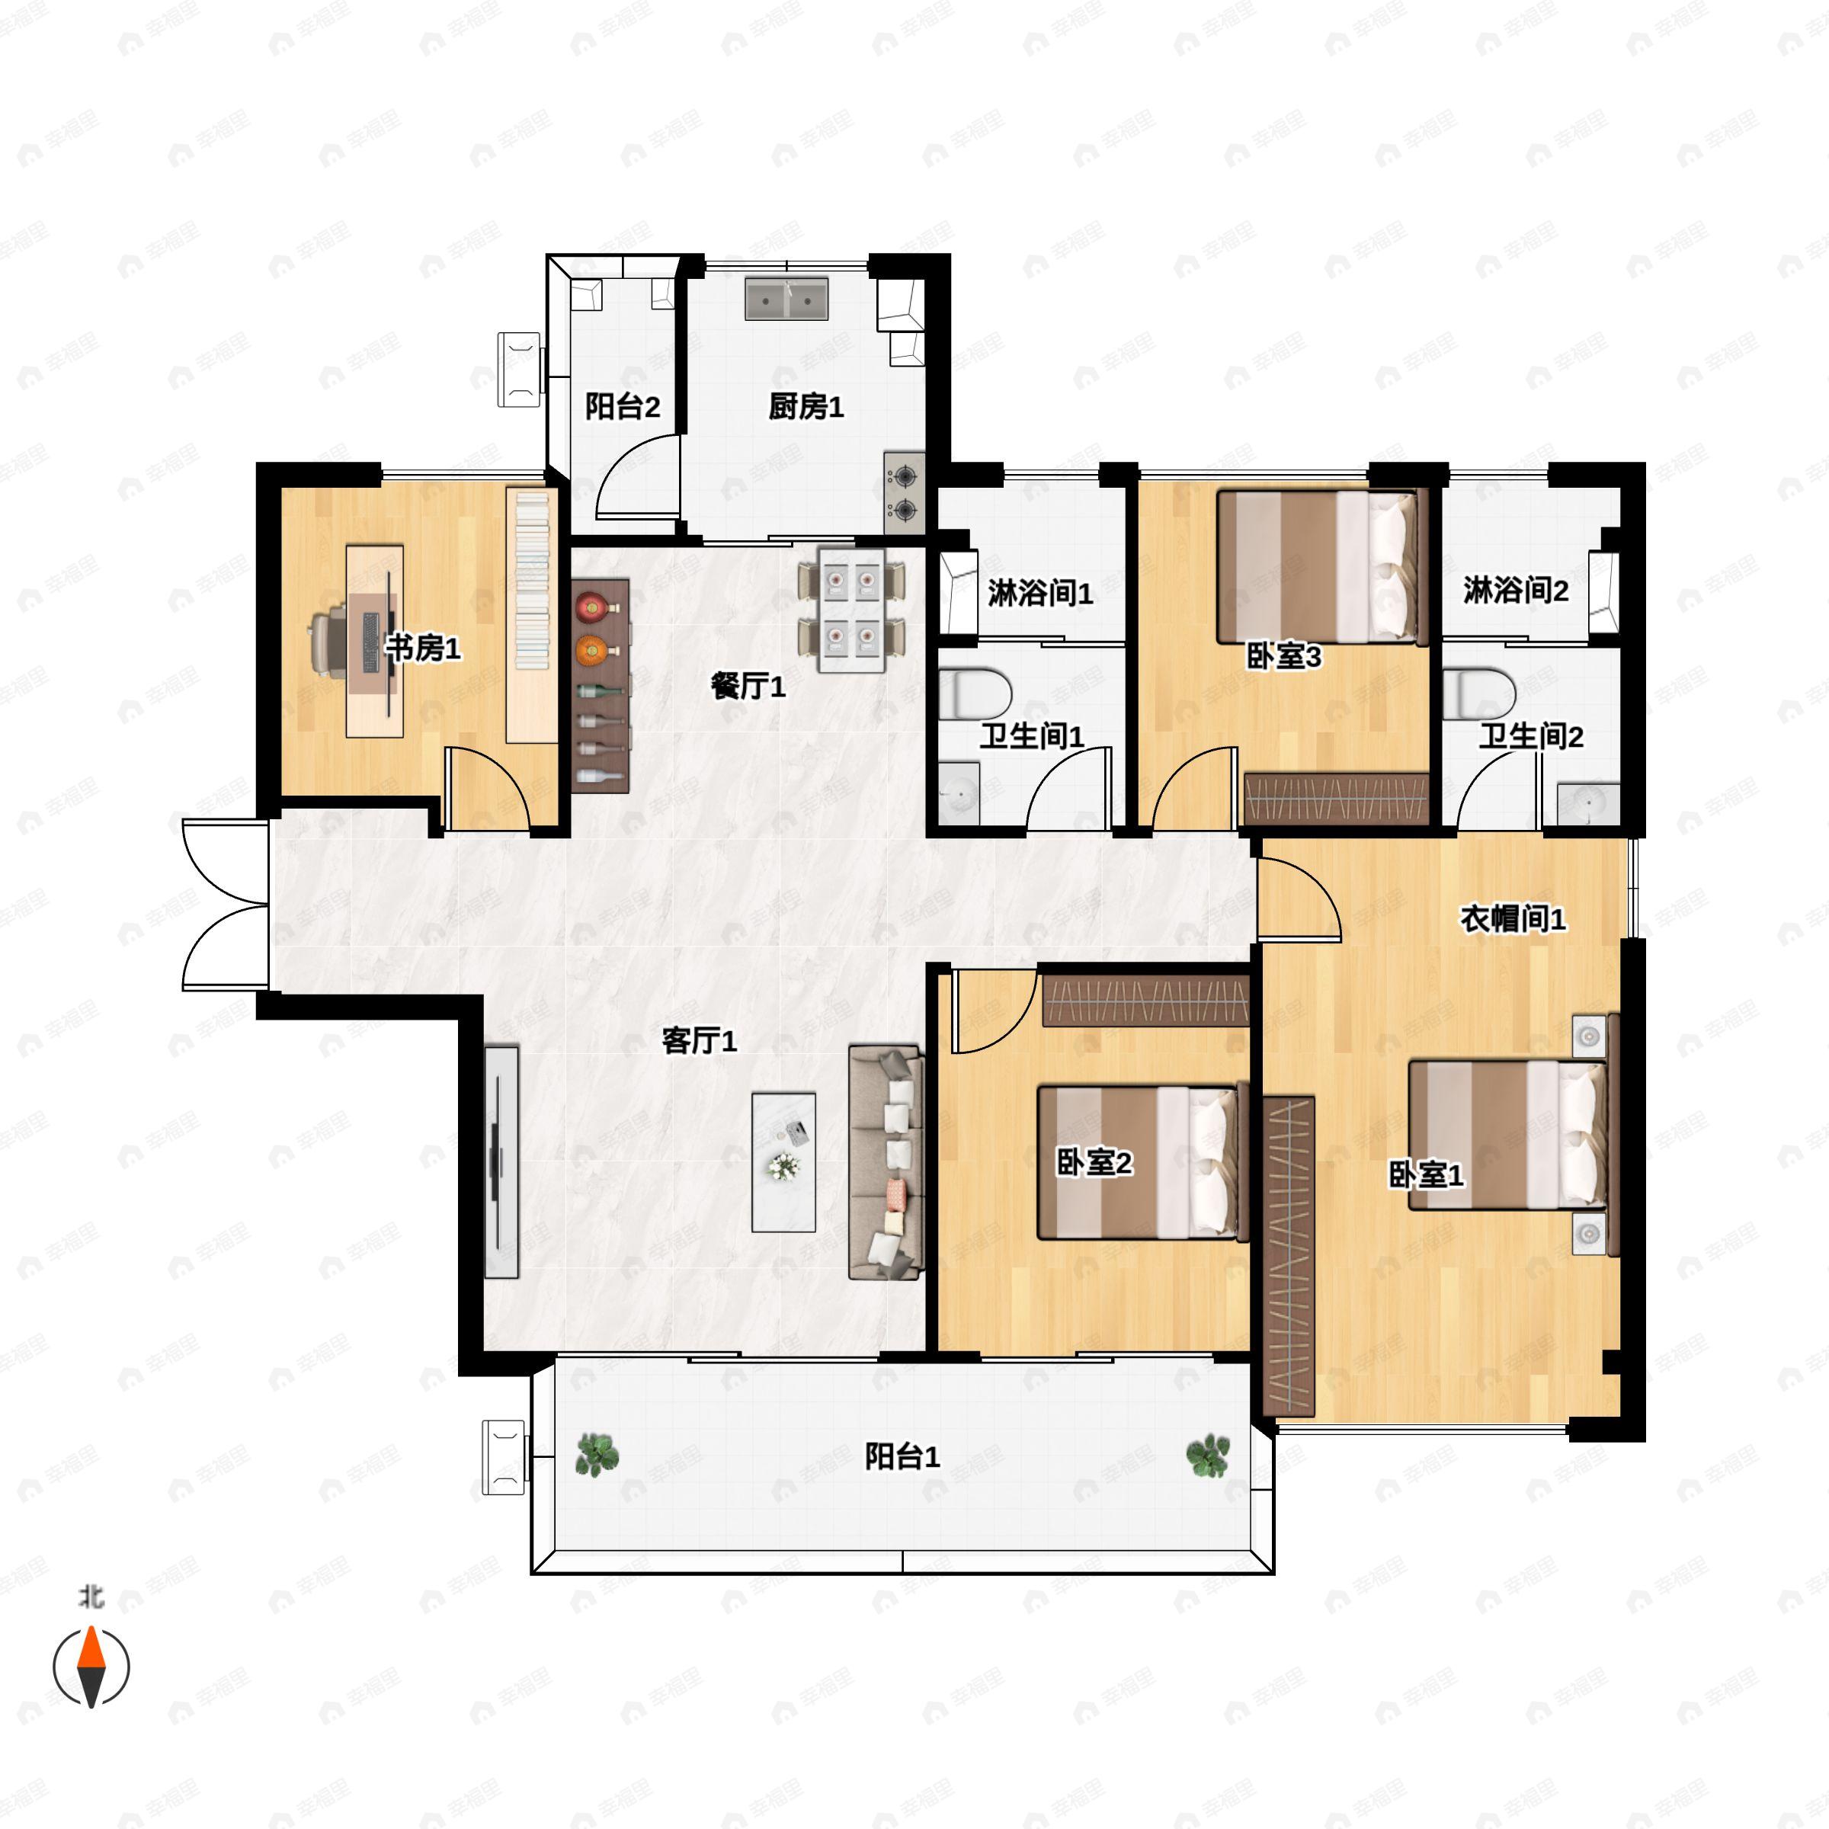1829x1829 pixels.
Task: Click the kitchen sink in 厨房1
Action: click(786, 299)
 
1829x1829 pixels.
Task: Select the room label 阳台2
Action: click(622, 407)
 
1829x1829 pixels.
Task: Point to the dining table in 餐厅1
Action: click(851, 610)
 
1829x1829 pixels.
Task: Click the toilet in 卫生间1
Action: click(975, 693)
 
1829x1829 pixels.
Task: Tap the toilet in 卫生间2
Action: click(1478, 693)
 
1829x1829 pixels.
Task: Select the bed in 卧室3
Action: click(1321, 566)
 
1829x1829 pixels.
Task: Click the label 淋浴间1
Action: click(1040, 594)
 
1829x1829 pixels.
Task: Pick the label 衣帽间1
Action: click(1513, 918)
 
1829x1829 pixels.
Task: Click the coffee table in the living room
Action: click(784, 1162)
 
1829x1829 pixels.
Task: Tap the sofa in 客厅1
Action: click(885, 1162)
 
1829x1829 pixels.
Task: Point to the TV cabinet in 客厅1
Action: click(501, 1161)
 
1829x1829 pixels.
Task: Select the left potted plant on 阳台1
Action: click(597, 1455)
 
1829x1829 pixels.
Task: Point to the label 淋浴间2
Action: click(1516, 591)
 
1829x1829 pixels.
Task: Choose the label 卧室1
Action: click(1426, 1175)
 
